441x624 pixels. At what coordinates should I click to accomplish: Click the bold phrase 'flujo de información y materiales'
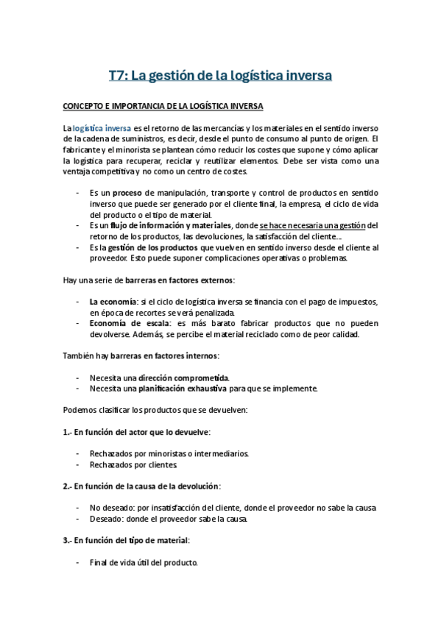(172, 225)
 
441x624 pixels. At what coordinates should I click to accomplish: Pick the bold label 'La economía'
(112, 302)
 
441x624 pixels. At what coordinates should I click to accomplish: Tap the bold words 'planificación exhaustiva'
(183, 389)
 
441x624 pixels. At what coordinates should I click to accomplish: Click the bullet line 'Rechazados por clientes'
(133, 464)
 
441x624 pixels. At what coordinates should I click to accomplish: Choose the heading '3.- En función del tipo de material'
(126, 541)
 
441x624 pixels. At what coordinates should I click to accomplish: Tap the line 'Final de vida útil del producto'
(144, 563)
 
